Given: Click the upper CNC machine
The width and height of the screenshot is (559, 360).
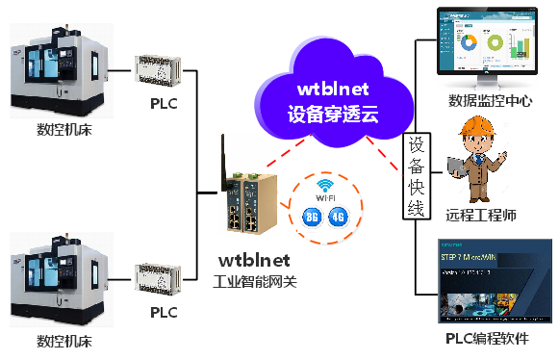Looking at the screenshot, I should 57,73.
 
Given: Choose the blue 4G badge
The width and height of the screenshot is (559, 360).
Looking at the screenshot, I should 338,217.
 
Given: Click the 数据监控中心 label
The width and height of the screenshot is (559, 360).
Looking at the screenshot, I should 491,100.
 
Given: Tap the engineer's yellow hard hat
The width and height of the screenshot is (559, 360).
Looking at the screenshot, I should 478,127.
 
